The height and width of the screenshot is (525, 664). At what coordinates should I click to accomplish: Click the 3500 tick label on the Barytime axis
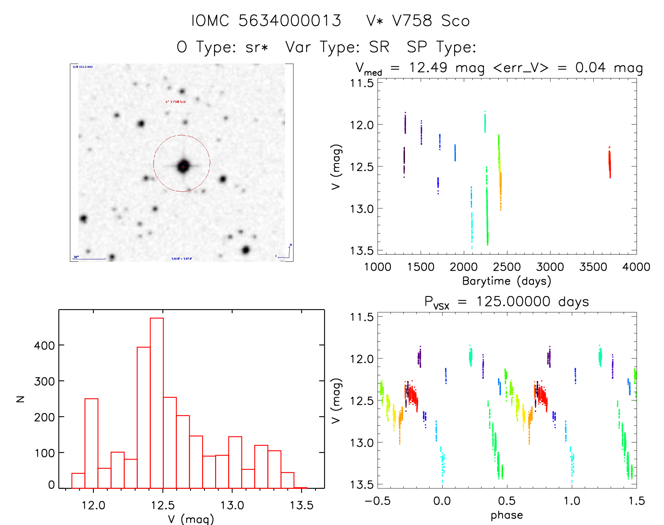[593, 267]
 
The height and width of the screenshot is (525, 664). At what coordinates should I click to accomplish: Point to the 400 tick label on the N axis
[44, 346]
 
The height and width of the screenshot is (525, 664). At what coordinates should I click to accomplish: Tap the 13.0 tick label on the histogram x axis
[232, 505]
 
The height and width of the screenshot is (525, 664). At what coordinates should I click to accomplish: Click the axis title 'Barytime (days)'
[507, 281]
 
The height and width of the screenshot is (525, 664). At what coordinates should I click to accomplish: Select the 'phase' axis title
[507, 515]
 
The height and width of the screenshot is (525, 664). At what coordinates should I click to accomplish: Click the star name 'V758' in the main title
[412, 21]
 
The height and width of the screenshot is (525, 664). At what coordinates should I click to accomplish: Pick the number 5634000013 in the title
[290, 21]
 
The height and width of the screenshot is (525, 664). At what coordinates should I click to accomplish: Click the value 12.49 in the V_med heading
[428, 67]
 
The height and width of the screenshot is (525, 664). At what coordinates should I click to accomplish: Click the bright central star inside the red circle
[183, 166]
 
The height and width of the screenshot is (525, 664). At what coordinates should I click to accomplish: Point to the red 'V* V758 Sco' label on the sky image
[175, 102]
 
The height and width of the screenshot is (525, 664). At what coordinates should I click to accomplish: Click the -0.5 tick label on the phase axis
[378, 501]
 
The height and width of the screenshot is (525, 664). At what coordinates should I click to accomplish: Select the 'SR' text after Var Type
[379, 47]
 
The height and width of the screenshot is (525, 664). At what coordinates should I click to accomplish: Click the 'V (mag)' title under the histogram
[191, 519]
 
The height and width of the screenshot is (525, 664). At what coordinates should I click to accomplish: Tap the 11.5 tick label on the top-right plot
[362, 84]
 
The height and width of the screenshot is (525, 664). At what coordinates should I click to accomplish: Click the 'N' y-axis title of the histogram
[21, 399]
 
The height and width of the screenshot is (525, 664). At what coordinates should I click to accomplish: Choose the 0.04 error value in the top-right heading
[590, 67]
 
